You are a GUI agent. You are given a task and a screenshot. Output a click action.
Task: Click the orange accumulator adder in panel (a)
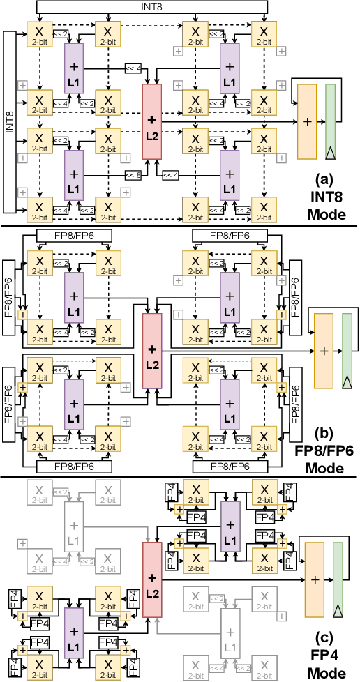tap(307, 121)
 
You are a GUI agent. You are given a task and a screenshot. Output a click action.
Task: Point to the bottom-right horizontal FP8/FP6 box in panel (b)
tap(230, 464)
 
